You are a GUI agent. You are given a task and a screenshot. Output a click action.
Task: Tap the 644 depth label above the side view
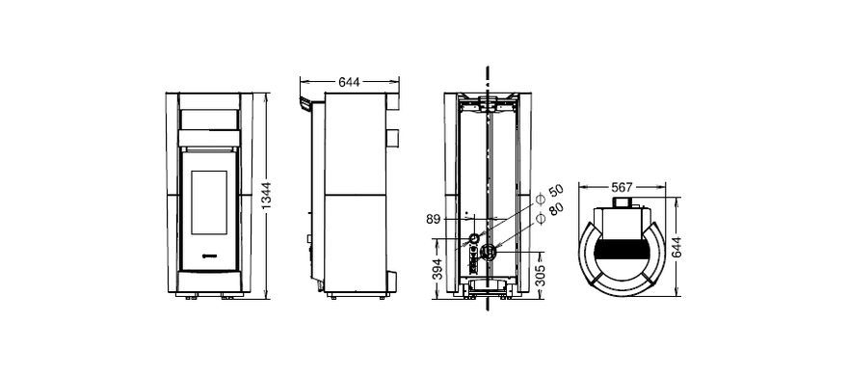[349, 82]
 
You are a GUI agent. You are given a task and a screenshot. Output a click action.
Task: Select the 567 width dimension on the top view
[622, 187]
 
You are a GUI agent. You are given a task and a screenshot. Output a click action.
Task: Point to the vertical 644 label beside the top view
[676, 247]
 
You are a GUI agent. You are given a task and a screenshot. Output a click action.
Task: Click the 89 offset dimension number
[434, 219]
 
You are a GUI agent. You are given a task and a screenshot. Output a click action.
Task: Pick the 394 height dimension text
[438, 269]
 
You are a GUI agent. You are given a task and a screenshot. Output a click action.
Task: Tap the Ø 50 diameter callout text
[549, 195]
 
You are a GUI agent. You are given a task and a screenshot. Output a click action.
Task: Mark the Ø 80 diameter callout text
[549, 212]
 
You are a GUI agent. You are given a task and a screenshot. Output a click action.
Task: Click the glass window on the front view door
[209, 202]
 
